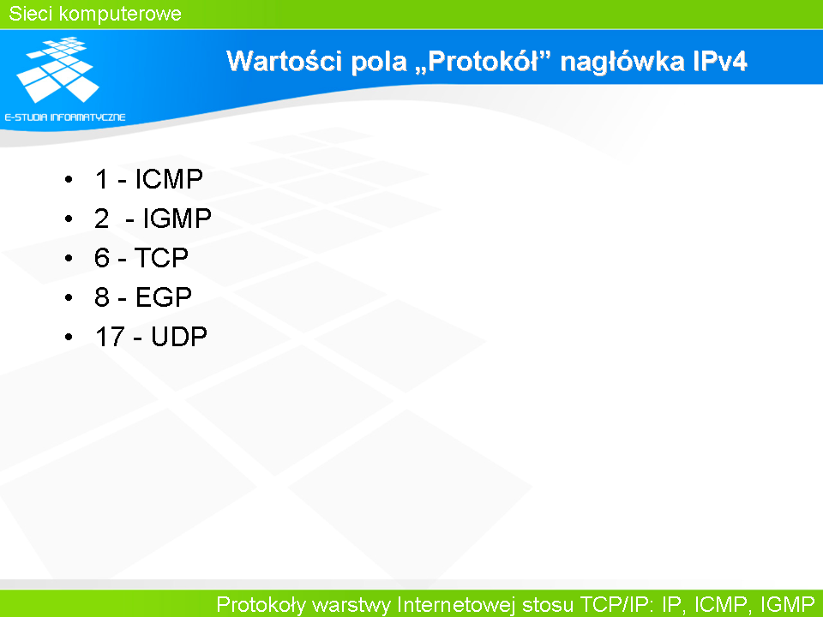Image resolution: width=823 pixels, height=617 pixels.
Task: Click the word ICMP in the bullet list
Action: pyautogui.click(x=169, y=179)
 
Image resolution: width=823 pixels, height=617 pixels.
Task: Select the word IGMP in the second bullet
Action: pyautogui.click(x=177, y=219)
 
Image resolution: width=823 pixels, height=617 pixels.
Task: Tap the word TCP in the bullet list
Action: pyautogui.click(x=161, y=258)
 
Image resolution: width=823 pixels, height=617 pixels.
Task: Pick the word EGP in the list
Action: pyautogui.click(x=163, y=297)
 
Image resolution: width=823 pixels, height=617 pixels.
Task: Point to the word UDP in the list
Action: pyautogui.click(x=179, y=336)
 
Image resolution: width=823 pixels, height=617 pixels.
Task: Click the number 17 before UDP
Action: pyautogui.click(x=111, y=336)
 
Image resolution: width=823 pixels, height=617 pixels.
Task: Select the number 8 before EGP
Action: pyautogui.click(x=102, y=297)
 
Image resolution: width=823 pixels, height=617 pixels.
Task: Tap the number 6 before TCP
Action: pyautogui.click(x=102, y=258)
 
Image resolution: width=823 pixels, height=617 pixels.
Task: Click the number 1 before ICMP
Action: pyautogui.click(x=102, y=179)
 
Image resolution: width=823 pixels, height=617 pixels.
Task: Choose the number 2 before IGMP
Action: pyautogui.click(x=102, y=219)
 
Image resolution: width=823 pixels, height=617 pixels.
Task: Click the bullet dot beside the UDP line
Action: pyautogui.click(x=69, y=337)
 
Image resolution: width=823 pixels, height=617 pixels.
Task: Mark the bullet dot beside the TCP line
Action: pyautogui.click(x=69, y=258)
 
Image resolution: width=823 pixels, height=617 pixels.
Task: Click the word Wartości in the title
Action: pyautogui.click(x=285, y=61)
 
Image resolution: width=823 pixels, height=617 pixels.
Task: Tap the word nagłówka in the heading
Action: pyautogui.click(x=622, y=62)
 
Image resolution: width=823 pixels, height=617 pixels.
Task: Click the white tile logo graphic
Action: pyautogui.click(x=57, y=69)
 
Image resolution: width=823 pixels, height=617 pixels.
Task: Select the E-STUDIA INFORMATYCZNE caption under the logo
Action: pyautogui.click(x=65, y=117)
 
